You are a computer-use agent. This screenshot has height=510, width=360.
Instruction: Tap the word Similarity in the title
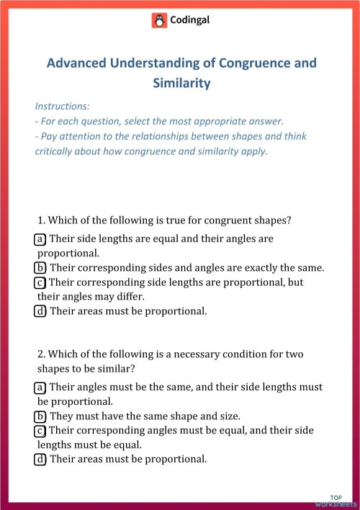tap(181, 83)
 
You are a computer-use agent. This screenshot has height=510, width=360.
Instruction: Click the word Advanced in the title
tap(76, 63)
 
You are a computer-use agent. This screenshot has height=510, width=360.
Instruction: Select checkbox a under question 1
tap(40, 238)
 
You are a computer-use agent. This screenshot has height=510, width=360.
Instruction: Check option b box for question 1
tap(40, 268)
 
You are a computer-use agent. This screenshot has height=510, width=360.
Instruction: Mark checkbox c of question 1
tap(40, 282)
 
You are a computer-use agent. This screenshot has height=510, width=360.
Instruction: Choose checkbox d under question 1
tap(40, 312)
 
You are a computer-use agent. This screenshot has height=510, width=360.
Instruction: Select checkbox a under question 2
tap(40, 388)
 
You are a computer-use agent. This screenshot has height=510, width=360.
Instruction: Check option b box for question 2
tap(40, 416)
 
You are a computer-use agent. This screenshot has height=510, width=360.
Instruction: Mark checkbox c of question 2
tap(40, 431)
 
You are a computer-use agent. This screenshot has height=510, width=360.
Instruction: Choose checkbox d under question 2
tap(40, 459)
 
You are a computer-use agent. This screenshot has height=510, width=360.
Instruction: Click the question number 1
tap(40, 220)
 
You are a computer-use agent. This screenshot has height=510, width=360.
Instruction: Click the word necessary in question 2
tap(202, 354)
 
